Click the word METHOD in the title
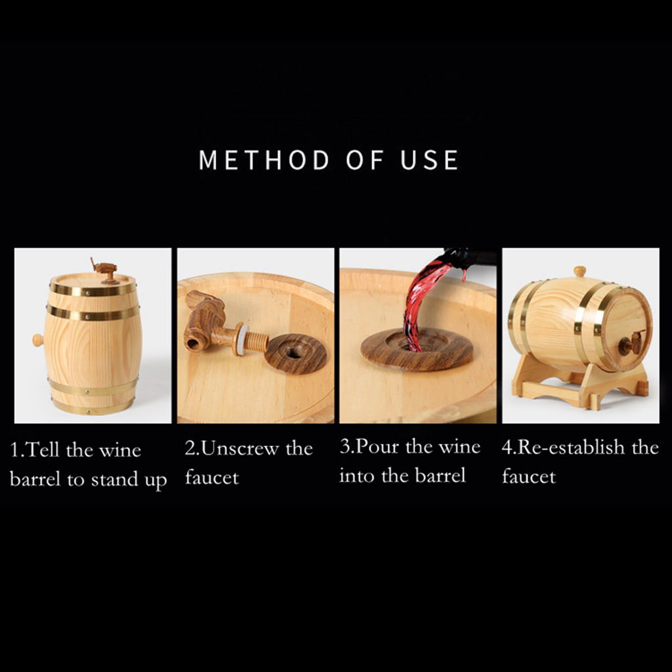coord(264,160)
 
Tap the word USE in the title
coord(429,160)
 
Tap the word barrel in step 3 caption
coord(440,476)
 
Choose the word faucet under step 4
coord(529,476)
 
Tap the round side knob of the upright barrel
coord(37,341)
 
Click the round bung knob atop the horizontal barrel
coord(579,271)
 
